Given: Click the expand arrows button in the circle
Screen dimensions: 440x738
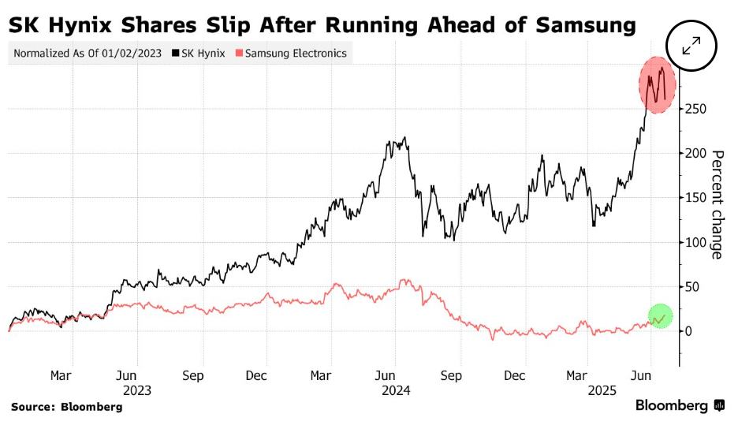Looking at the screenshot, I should click(x=691, y=47).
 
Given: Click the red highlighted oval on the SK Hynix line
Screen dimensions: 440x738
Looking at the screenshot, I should click(x=656, y=84).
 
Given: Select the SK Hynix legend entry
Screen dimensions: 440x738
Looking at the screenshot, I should click(x=198, y=54).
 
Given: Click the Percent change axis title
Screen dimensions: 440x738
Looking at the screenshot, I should click(x=717, y=204).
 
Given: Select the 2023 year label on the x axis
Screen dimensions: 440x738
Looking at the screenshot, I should click(x=136, y=390).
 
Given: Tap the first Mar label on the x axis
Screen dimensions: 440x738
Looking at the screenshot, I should click(x=61, y=375).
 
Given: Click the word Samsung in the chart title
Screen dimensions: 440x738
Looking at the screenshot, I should click(x=585, y=25).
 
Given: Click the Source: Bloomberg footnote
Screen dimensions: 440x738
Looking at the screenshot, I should click(x=67, y=407).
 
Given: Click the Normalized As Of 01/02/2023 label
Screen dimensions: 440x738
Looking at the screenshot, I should click(x=88, y=54).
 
